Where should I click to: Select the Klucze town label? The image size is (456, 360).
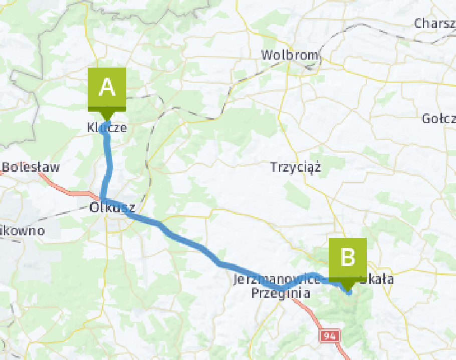(x=107, y=128)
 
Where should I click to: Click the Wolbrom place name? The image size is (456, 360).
(x=290, y=55)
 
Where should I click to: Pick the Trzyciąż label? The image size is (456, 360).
(x=295, y=167)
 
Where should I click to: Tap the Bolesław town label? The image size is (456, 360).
(x=31, y=167)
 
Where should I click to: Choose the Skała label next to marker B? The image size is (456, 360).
(x=377, y=279)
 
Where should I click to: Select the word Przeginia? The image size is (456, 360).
(x=280, y=292)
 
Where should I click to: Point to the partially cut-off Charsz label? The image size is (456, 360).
(x=434, y=23)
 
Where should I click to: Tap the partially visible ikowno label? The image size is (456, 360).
(x=22, y=231)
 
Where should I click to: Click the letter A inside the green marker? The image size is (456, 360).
(x=107, y=87)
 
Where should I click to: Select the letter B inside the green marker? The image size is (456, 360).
(x=347, y=257)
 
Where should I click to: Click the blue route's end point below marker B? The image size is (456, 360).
(x=349, y=292)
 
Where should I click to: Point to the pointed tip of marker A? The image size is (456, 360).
(x=106, y=120)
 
